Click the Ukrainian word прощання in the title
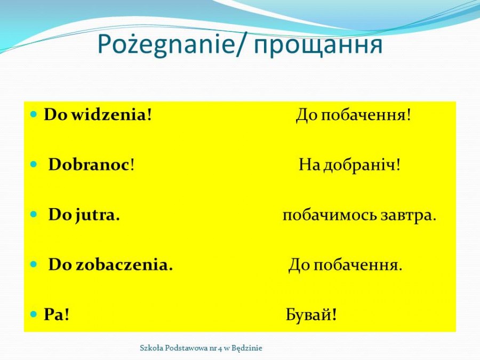tap(318, 46)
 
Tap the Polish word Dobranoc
tap(89, 165)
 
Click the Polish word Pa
tap(54, 314)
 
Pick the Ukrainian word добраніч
tap(359, 165)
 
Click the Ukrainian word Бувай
tap(309, 314)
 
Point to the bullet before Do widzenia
tap(34, 115)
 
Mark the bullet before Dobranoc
tap(34, 165)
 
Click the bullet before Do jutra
tap(34, 214)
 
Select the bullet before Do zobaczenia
tap(34, 264)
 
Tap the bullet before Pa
tap(34, 314)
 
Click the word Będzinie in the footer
tap(247, 348)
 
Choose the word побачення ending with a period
tap(356, 265)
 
